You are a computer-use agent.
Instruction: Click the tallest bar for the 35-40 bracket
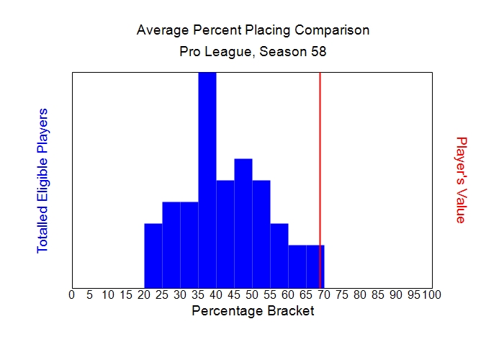pos(207,180)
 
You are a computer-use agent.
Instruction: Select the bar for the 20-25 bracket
pos(153,256)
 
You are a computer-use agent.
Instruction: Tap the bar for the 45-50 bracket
pos(243,223)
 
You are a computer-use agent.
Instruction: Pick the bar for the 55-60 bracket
pos(279,256)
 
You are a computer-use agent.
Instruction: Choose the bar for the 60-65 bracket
pos(297,266)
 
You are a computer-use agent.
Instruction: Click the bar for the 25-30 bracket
pos(171,245)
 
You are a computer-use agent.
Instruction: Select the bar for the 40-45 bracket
pos(225,234)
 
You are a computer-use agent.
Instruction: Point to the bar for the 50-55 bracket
pos(261,234)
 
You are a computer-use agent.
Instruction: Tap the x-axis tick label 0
pos(71,294)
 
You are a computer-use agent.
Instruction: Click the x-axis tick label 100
pos(431,294)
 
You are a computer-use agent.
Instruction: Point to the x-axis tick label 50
pos(252,294)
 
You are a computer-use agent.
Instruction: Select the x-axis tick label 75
pos(342,294)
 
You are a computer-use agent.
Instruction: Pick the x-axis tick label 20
pos(144,294)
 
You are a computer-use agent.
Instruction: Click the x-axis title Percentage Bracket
pos(253,312)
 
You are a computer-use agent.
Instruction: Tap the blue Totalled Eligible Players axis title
pos(42,180)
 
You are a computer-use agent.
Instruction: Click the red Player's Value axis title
pos(462,180)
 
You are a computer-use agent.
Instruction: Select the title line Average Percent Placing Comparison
pos(253,31)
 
